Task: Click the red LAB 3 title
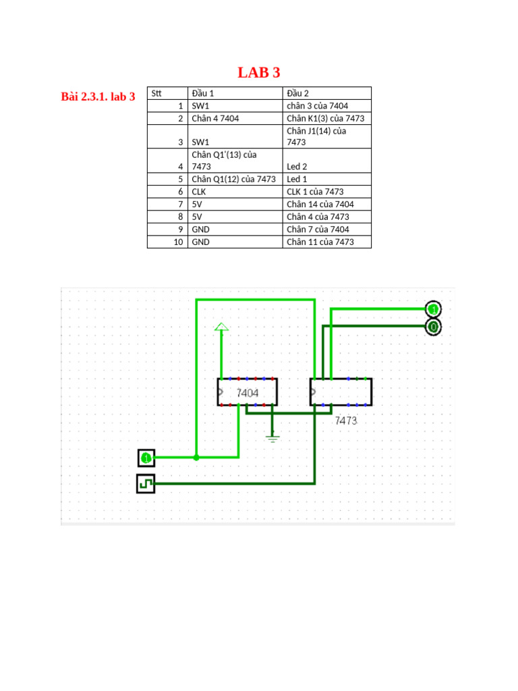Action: coord(259,73)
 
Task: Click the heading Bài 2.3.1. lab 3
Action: coord(98,97)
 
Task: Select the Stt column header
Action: coord(157,93)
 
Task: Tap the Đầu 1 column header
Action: coord(203,93)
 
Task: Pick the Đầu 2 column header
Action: coord(297,93)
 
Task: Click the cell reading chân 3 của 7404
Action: coord(318,106)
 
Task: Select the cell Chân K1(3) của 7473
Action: coord(325,118)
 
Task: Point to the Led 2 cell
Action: coord(297,166)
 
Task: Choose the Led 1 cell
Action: coord(297,179)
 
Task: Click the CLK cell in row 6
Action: coord(200,192)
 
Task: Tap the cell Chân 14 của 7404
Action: coord(320,204)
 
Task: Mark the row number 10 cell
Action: coord(179,242)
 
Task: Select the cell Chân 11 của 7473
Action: coord(320,242)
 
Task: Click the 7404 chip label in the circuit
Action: coord(248,392)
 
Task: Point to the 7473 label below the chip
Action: coord(346,420)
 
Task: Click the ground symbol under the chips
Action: coord(272,437)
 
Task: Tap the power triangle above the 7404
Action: coord(221,327)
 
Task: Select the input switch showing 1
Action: coord(146,458)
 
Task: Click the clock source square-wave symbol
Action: coord(146,484)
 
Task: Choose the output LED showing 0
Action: coord(433,327)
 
